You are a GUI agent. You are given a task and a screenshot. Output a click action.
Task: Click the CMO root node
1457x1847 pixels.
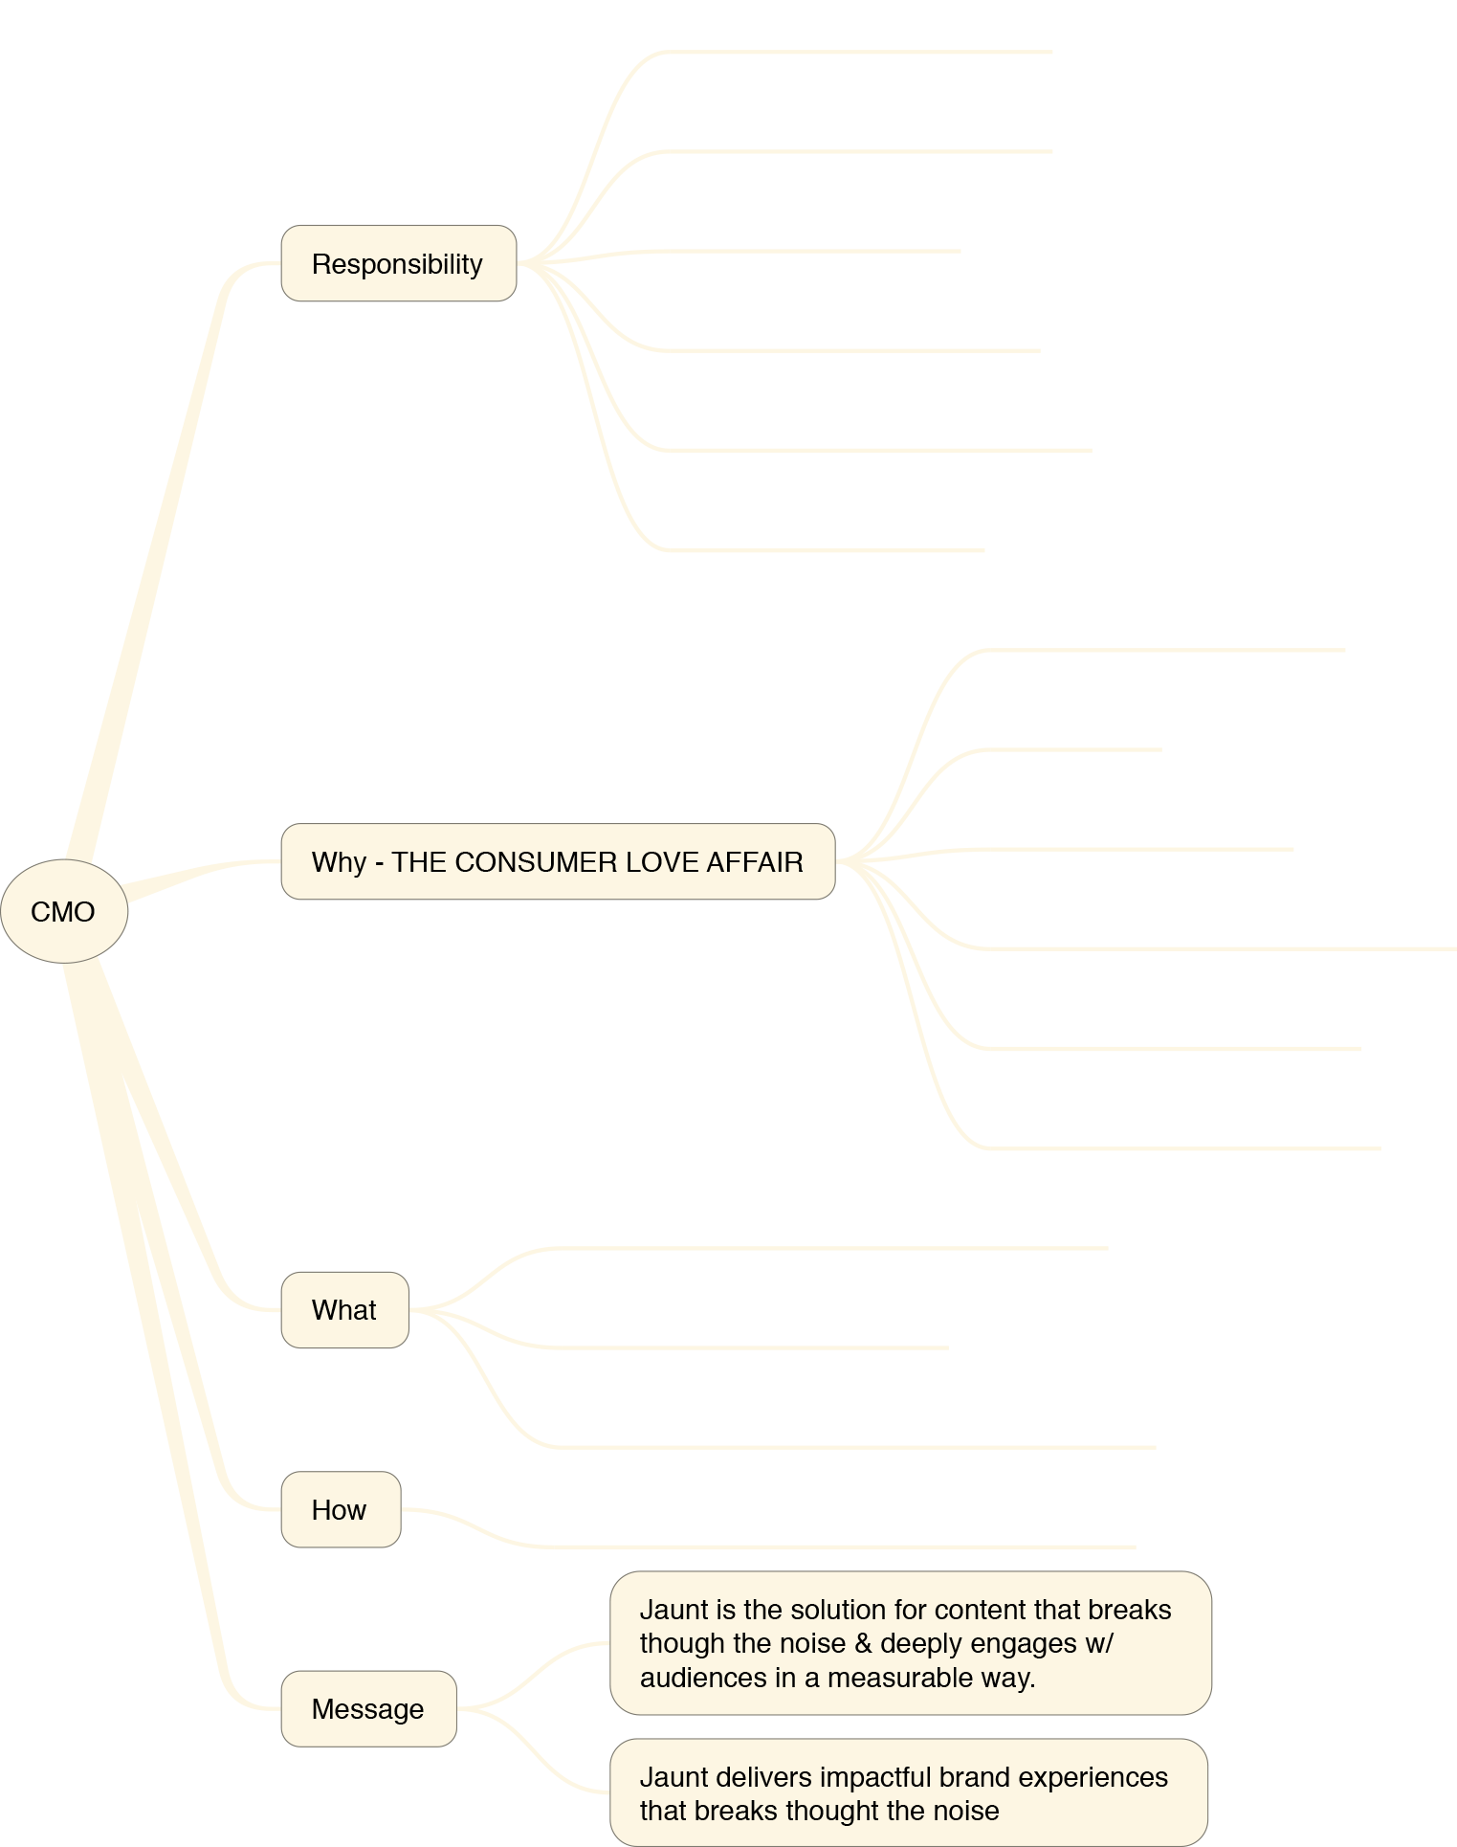click(64, 911)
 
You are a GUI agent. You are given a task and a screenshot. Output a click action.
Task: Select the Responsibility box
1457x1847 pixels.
click(399, 263)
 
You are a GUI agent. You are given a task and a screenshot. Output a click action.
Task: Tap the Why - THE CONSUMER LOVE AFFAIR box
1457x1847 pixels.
click(558, 861)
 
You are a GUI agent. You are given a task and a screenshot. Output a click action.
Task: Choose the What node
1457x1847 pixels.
click(345, 1310)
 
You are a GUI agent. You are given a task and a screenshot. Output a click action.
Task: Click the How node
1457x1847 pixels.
click(341, 1509)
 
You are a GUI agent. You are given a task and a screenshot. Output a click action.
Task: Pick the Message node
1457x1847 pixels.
click(368, 1709)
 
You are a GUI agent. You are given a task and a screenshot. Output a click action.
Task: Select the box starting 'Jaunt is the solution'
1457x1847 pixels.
click(911, 1643)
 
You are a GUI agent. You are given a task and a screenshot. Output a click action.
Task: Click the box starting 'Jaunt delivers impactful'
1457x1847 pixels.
click(909, 1792)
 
